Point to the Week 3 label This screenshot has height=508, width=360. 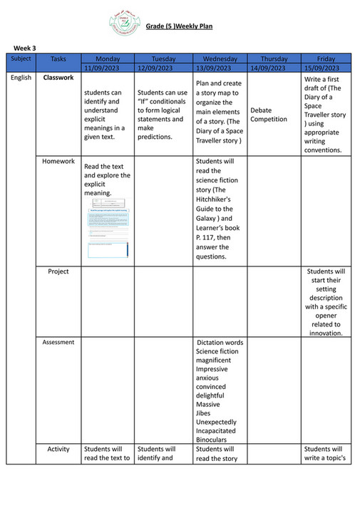25,48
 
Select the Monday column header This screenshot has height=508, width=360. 107,58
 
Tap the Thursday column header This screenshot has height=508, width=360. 274,58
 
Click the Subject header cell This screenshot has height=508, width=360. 21,58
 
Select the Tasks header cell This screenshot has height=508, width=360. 58,58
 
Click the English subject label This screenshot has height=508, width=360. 21,77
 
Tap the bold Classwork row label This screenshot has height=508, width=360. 58,77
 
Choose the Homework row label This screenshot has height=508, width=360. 58,162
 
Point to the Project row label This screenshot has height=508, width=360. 58,271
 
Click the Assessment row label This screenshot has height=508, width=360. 58,343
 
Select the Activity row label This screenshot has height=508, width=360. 58,450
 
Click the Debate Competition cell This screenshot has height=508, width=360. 269,115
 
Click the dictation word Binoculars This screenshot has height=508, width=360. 215,440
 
